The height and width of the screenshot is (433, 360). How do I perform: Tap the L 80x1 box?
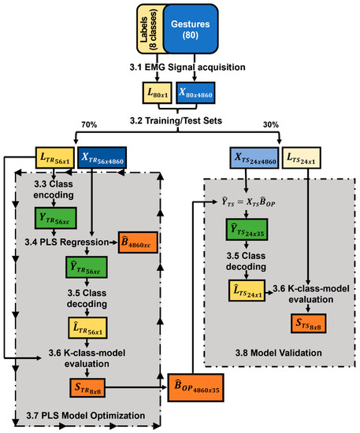coord(157,92)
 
